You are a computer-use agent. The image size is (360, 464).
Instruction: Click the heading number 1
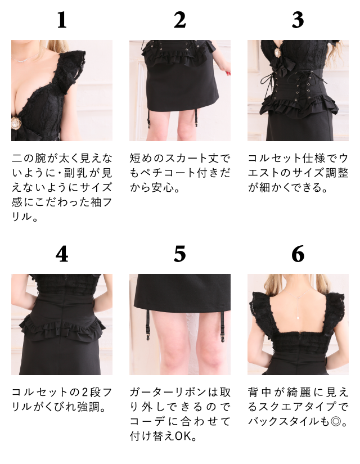[x=62, y=20]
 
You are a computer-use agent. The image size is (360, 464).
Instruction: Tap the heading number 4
[x=62, y=255]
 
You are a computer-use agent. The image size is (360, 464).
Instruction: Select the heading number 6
[x=298, y=255]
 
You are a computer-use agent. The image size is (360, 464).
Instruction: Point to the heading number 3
[x=298, y=20]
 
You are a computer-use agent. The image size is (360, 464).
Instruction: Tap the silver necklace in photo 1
[x=22, y=58]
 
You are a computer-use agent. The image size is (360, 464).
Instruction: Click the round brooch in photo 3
[x=278, y=53]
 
